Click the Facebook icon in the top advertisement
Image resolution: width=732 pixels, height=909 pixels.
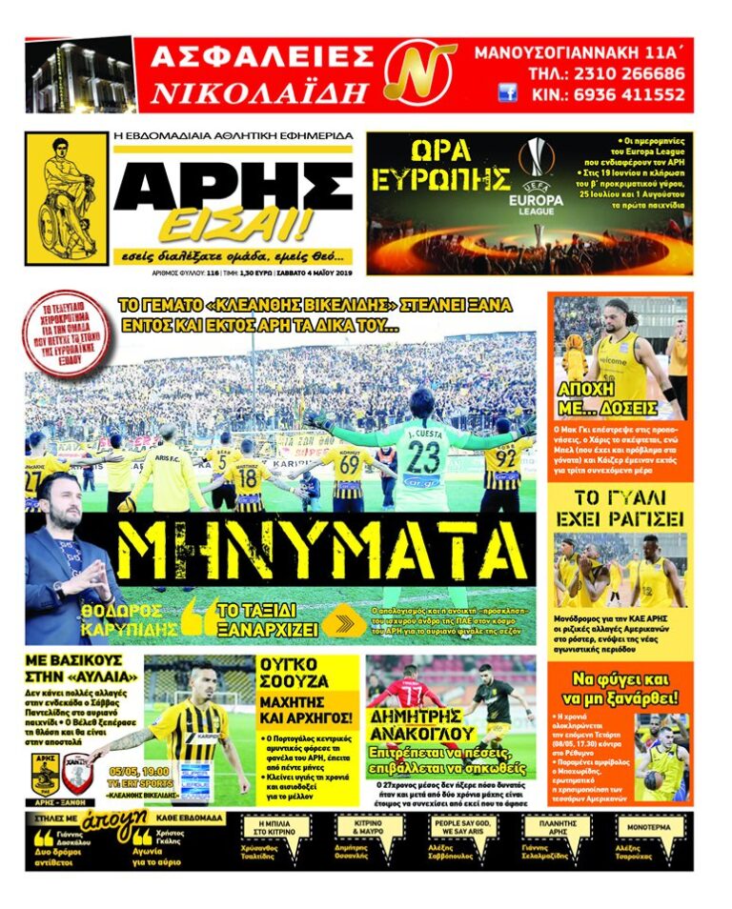[x=507, y=93]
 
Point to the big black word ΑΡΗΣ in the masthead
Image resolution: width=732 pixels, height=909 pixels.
[x=233, y=181]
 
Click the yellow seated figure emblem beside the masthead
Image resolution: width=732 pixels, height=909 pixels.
[x=66, y=197]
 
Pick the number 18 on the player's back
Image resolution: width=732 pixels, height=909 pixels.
[x=248, y=473]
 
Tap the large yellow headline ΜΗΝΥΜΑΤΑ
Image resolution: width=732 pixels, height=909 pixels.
[x=321, y=552]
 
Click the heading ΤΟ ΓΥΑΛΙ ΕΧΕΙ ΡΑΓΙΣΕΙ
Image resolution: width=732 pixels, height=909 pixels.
[x=620, y=509]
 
